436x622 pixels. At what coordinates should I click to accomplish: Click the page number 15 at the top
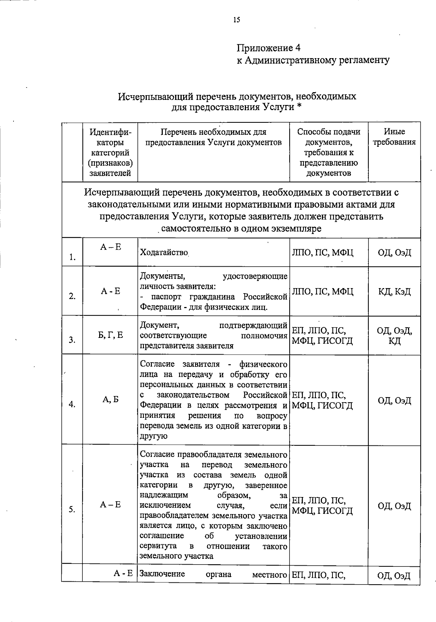point(237,20)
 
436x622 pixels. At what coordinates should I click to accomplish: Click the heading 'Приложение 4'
point(269,48)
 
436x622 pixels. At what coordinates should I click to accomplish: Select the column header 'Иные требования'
point(394,137)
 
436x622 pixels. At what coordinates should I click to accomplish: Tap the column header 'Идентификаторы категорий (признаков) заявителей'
point(110,152)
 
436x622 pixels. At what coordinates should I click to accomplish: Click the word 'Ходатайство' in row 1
point(164,253)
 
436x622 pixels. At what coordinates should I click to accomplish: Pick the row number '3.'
point(72,340)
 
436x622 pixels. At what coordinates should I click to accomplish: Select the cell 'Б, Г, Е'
point(110,335)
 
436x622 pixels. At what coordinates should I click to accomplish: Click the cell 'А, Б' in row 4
point(110,399)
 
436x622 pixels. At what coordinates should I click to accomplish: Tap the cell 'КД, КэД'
point(395,291)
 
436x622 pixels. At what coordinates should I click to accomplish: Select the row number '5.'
point(72,510)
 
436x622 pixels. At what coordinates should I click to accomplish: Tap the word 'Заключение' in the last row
point(162,574)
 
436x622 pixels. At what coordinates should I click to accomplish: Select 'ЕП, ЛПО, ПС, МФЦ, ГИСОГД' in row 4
point(323,400)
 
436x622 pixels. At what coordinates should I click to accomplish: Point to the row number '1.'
point(72,258)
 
